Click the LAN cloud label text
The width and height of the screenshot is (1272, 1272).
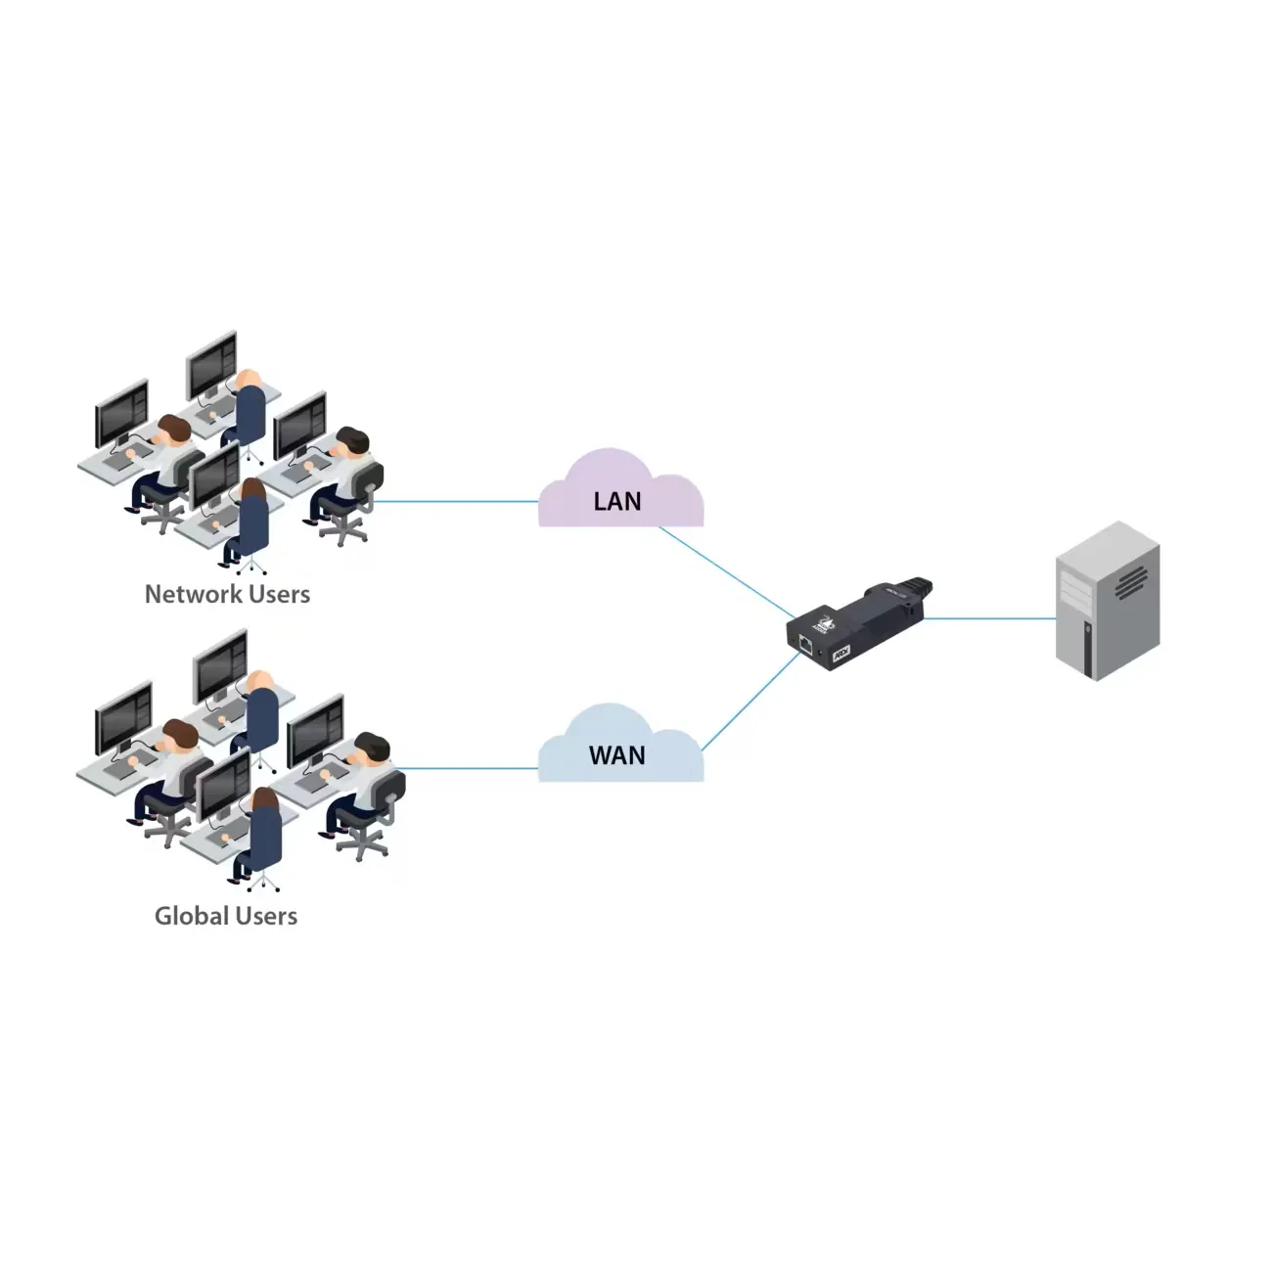tap(617, 502)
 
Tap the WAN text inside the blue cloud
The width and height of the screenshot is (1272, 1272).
tap(616, 755)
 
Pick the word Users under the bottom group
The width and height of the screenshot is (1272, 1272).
tap(266, 916)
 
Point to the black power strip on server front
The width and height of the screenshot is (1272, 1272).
tap(1087, 647)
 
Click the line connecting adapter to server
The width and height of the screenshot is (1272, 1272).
tap(988, 618)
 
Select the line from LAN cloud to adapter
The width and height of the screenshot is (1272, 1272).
tap(729, 573)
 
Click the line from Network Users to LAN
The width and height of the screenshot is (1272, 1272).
tap(455, 502)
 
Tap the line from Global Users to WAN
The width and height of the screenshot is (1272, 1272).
tap(470, 768)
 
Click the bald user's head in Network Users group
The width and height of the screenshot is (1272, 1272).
tap(249, 379)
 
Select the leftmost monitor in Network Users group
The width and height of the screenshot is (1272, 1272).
tap(121, 412)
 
